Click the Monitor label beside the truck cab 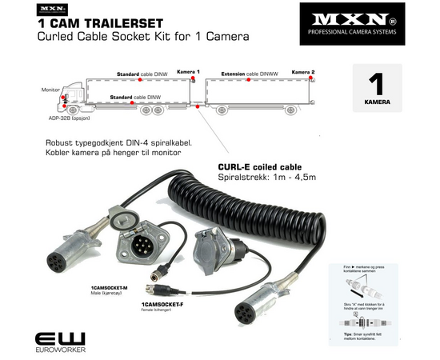click(50, 90)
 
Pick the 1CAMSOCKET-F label click(162, 304)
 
